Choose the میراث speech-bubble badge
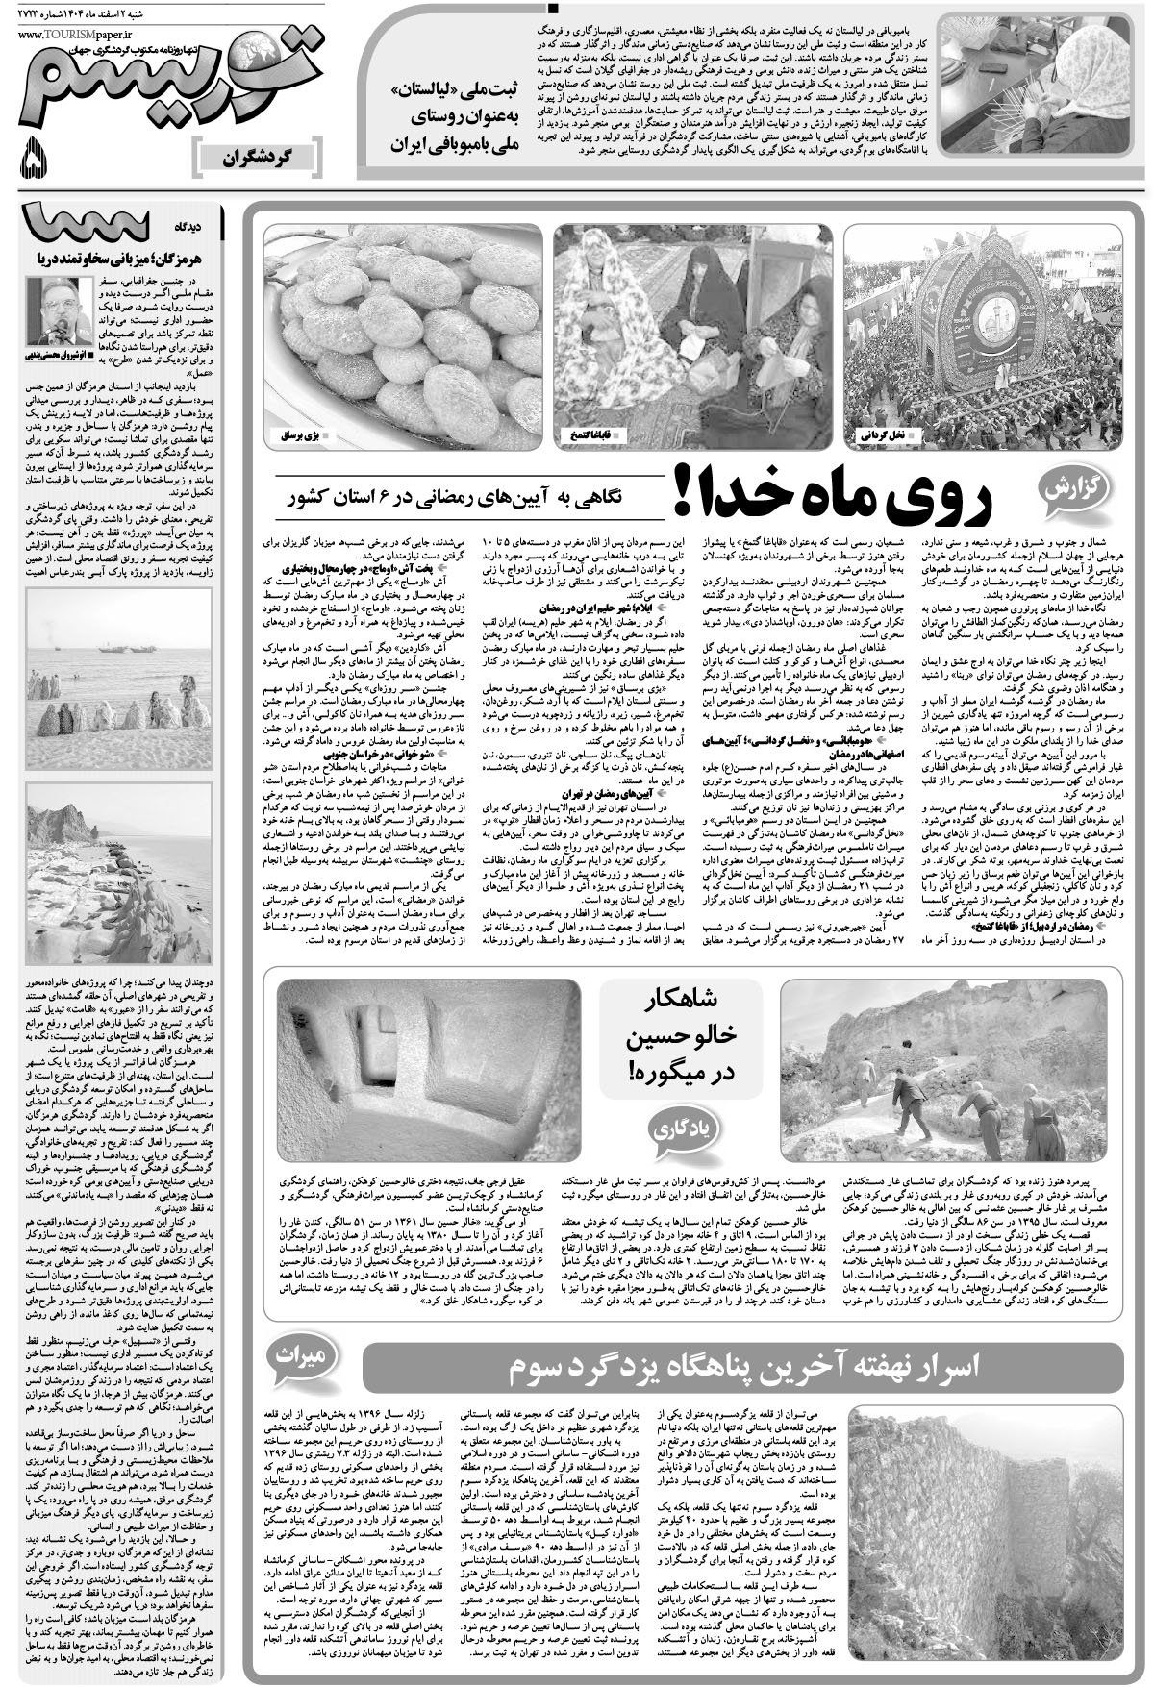319,1355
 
